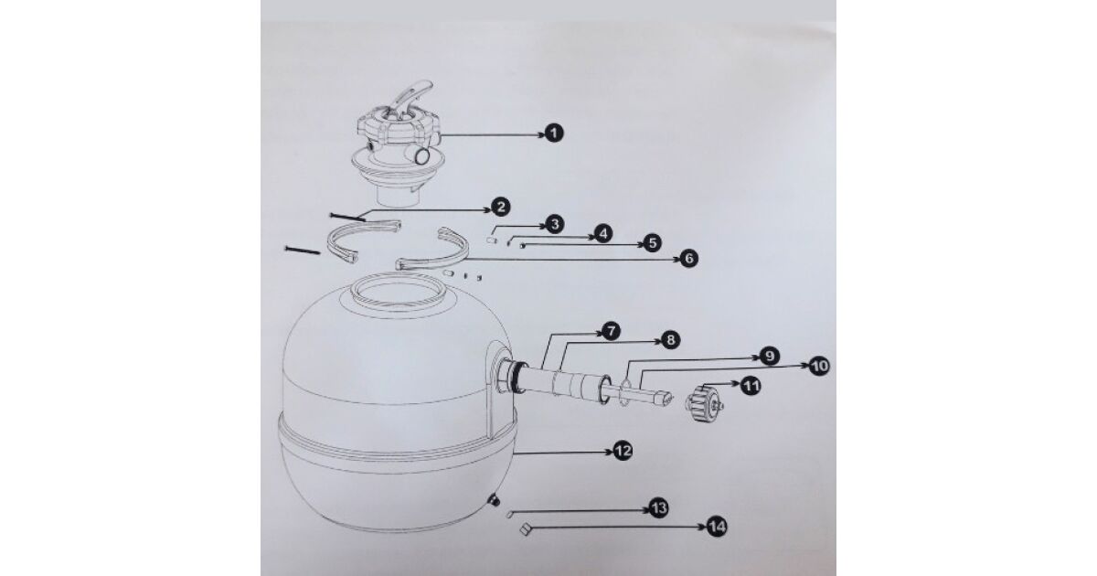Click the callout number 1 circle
point(554,133)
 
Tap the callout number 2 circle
point(500,207)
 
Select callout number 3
point(554,224)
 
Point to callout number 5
point(652,243)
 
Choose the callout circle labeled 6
point(688,258)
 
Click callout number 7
point(611,332)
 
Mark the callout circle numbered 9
point(769,356)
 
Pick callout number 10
point(819,366)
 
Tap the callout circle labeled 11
point(751,386)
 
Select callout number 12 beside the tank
point(623,451)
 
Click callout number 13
point(658,508)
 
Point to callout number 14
point(717,527)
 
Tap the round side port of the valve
point(421,156)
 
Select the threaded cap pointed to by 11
point(703,403)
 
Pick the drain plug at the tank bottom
point(493,499)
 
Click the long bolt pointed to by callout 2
point(347,217)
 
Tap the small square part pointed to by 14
point(525,530)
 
